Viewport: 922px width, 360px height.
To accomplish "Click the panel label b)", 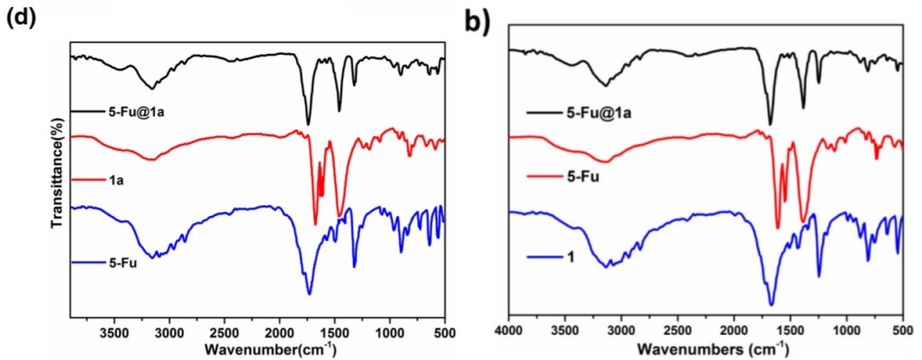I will tap(477, 20).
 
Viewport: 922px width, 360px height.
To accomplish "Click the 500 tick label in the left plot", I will tap(444, 331).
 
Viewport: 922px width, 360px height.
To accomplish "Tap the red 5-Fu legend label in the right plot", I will tap(583, 176).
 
